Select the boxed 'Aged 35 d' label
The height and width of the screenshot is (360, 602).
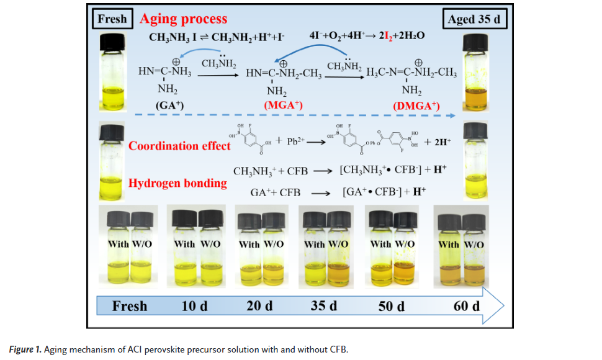[477, 19]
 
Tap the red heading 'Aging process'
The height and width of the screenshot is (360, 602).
[183, 19]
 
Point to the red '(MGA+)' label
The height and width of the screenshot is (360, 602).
[283, 106]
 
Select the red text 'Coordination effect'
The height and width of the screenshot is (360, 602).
[179, 146]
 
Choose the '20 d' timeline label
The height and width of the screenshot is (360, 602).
[259, 306]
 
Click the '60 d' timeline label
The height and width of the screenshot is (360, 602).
[466, 306]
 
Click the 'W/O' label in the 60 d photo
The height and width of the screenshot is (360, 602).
[474, 245]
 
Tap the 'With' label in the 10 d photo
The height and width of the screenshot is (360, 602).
[184, 244]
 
